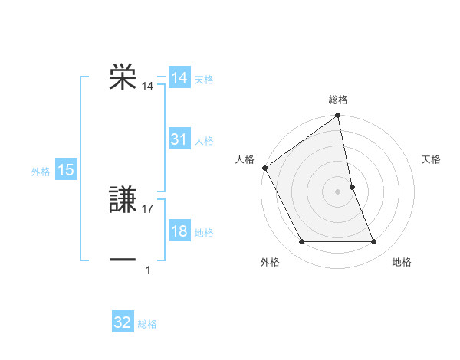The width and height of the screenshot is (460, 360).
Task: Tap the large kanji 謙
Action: (x=123, y=198)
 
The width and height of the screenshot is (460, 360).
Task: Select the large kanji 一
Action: (x=123, y=259)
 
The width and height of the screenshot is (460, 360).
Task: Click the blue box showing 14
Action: (x=179, y=78)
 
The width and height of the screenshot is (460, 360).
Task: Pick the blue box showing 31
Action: (x=179, y=139)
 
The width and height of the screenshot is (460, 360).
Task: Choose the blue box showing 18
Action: (x=179, y=231)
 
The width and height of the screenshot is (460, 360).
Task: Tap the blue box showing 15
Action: (x=65, y=170)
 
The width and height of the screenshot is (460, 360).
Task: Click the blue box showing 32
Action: (x=123, y=322)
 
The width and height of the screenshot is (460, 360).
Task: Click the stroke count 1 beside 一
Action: (x=148, y=270)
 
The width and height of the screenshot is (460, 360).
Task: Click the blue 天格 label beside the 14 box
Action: (x=204, y=80)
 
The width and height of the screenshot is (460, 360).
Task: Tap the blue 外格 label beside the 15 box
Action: (x=41, y=172)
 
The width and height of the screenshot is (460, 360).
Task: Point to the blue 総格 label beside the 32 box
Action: (x=147, y=324)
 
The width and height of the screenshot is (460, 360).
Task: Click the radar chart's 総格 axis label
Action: (x=338, y=100)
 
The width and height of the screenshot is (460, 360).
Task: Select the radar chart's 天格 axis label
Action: (x=432, y=159)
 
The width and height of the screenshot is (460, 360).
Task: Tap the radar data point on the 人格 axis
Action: (x=264, y=168)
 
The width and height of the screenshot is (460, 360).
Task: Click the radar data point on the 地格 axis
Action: (x=374, y=242)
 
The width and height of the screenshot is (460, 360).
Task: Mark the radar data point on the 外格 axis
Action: (x=301, y=242)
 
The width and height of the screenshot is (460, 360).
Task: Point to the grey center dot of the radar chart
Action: (x=337, y=191)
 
